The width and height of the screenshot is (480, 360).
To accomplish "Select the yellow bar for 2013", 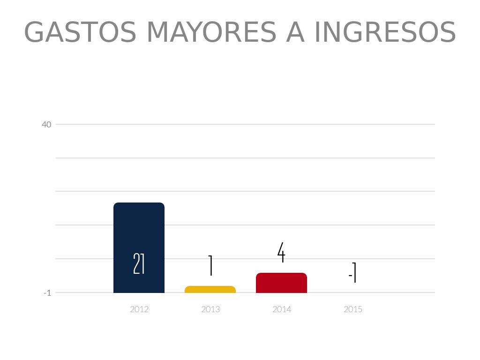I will tap(210, 289).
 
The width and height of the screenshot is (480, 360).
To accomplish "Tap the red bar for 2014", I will tap(281, 283).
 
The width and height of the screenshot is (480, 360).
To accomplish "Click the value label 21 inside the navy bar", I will tap(139, 264).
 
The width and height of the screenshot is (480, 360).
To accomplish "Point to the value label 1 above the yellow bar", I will tap(210, 266).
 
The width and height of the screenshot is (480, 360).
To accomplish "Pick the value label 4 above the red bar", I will tap(281, 253).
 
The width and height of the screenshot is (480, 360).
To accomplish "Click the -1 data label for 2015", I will tap(353, 273).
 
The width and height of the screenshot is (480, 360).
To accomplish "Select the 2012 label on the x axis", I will tap(139, 309).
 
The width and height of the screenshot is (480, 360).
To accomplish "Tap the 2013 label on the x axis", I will tap(210, 309).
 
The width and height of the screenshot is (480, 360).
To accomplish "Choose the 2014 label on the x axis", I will tap(282, 309).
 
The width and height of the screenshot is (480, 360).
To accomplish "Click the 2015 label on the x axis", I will tap(353, 309).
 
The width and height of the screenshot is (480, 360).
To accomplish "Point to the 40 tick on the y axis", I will tap(46, 125).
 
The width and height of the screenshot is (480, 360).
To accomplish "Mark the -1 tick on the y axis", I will tap(47, 293).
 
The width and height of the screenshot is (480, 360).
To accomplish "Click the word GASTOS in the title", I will tap(80, 33).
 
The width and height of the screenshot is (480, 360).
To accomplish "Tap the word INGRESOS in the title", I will tap(385, 33).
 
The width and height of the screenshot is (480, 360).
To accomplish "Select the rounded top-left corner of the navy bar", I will tap(116, 205).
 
